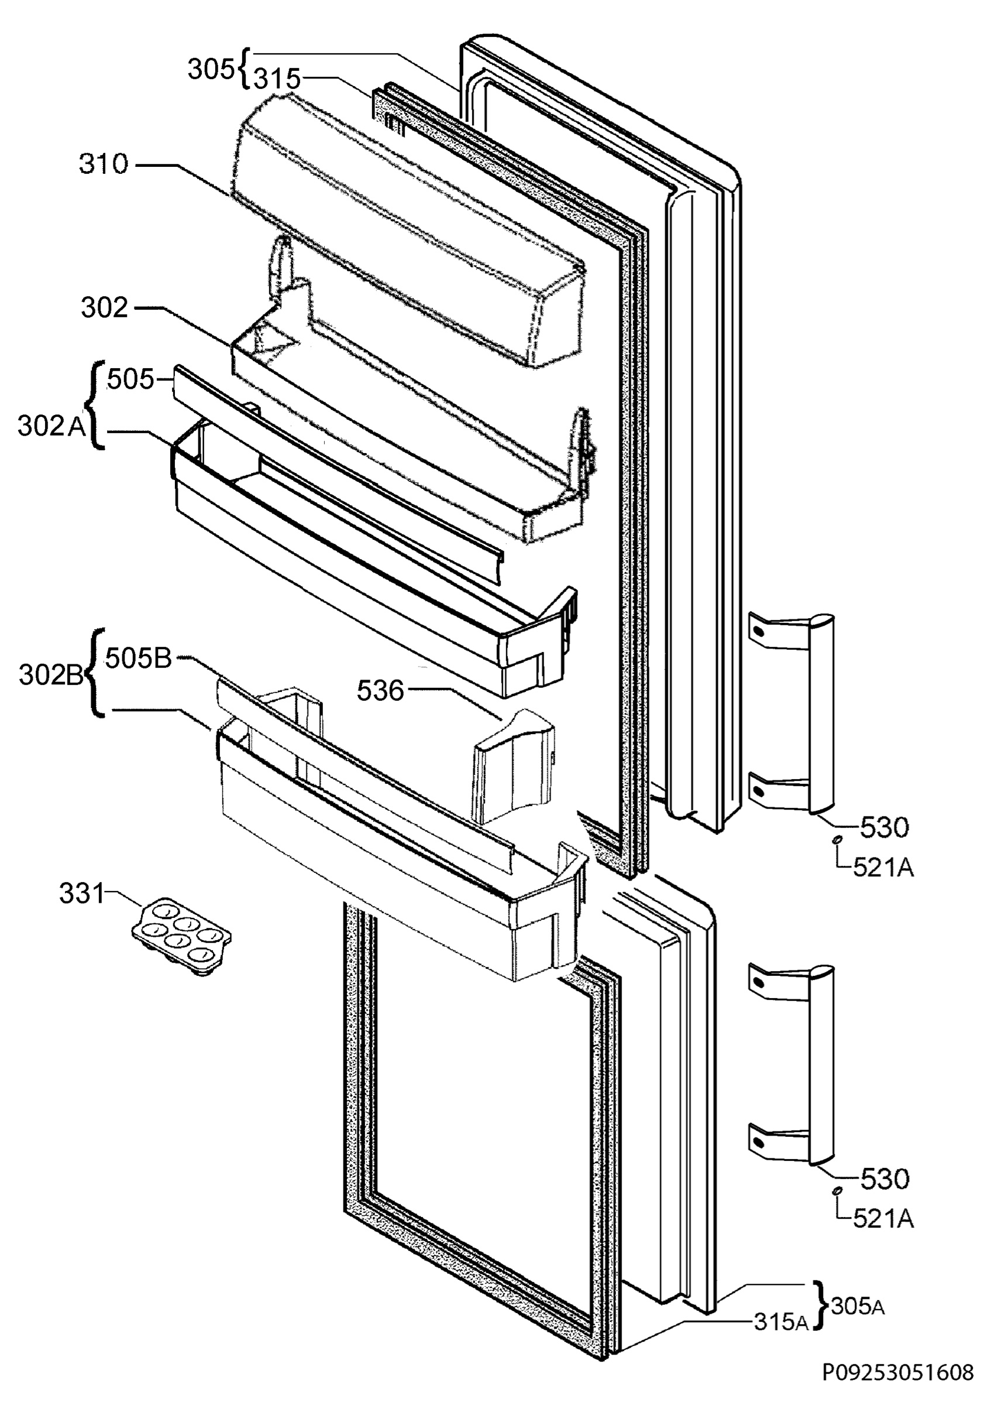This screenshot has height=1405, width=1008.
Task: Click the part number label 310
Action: click(104, 165)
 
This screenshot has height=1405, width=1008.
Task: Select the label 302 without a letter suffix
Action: click(105, 308)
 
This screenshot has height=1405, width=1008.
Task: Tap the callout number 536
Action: click(380, 691)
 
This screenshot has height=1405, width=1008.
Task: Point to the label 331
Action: click(82, 893)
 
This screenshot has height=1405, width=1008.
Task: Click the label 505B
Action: click(138, 659)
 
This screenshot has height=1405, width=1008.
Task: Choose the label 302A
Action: click(51, 426)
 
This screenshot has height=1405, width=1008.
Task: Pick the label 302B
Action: click(51, 675)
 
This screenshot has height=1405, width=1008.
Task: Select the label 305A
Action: click(858, 1307)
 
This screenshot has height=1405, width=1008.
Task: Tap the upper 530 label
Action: click(884, 827)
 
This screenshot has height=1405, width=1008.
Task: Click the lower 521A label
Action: click(883, 1219)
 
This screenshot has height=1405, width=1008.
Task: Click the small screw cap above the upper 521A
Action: click(836, 839)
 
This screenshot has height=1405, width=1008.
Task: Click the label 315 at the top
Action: click(277, 79)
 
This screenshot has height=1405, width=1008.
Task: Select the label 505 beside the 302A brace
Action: click(130, 379)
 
